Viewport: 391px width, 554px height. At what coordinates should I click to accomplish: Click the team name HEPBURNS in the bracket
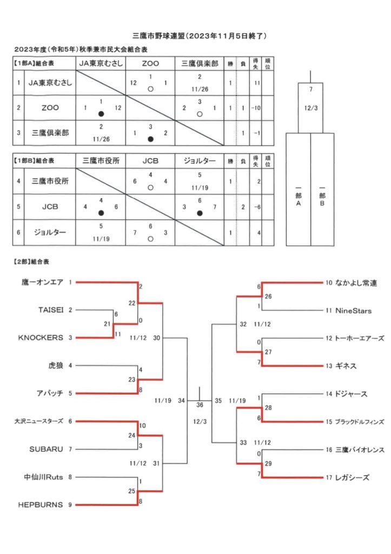point(40,505)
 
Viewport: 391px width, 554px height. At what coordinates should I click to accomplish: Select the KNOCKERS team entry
point(41,338)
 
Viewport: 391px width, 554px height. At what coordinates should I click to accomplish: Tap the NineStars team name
point(353,311)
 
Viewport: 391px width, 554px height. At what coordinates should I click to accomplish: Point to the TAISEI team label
point(51,310)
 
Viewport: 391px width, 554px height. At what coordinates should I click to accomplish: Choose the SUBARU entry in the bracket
point(47,450)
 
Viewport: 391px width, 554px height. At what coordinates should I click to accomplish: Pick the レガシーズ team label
point(352,478)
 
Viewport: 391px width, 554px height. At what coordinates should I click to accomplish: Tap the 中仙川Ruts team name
point(43,477)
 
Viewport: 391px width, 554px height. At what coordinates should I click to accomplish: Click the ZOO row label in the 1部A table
point(50,108)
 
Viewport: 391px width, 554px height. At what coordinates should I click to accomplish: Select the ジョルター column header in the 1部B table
point(200,161)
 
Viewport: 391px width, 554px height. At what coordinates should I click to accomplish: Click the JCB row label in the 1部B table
point(50,207)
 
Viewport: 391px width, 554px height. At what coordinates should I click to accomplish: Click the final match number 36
point(200,405)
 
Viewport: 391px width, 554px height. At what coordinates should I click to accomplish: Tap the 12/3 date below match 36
point(200,421)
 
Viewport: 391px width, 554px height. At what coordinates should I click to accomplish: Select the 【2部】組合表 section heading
point(31,262)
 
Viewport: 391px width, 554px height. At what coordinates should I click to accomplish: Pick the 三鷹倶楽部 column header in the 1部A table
point(200,64)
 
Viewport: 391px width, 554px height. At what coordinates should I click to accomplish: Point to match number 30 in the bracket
point(156,338)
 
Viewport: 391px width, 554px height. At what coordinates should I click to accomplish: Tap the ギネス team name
point(346,366)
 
